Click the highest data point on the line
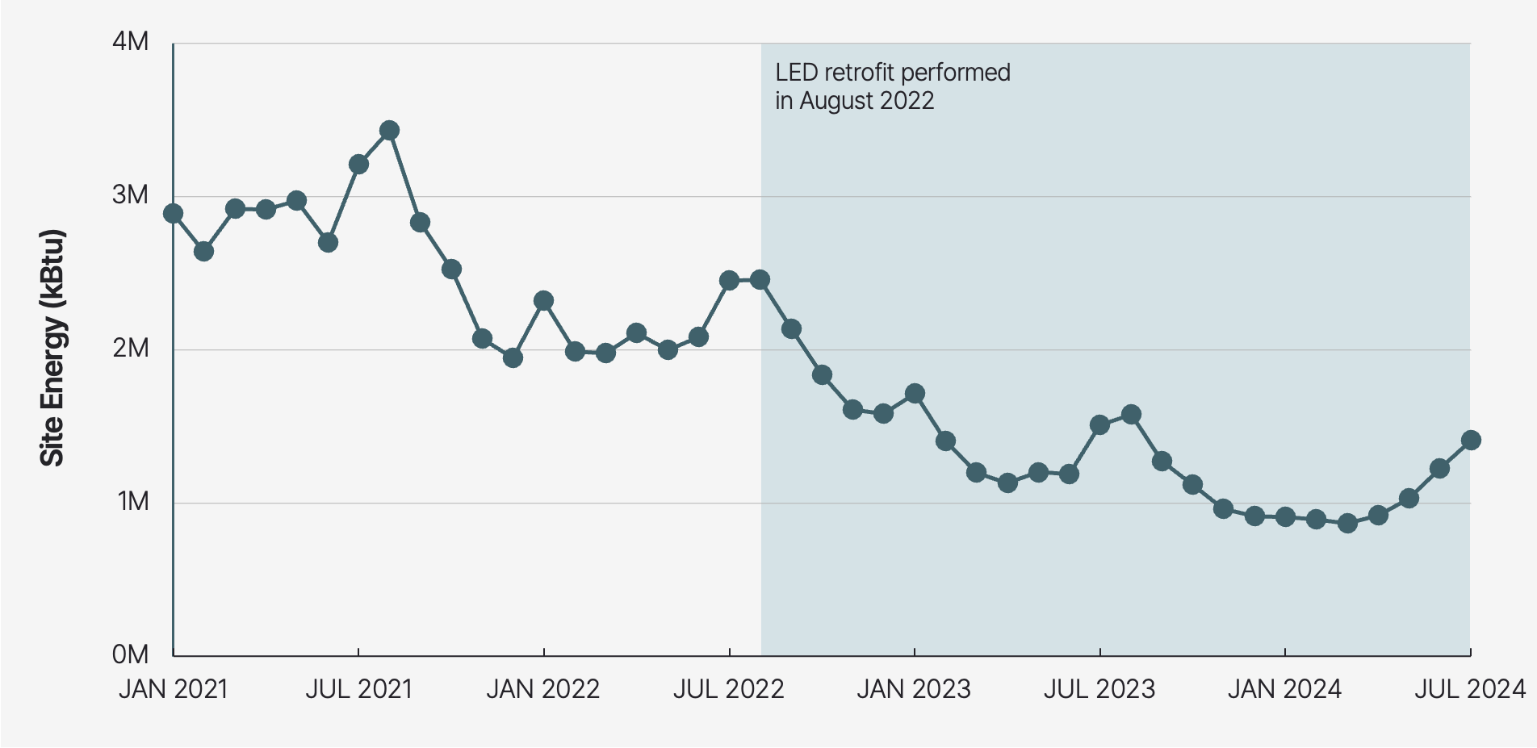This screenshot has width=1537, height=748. pos(389,131)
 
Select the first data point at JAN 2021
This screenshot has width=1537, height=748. pos(173,214)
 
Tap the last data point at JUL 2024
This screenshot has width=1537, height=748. pos(1470,441)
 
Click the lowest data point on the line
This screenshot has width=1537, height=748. pos(1346,524)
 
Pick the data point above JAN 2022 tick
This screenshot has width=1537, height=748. pos(543,301)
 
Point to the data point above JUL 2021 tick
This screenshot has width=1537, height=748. pos(358,165)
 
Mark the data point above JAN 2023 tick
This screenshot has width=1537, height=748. pos(915,394)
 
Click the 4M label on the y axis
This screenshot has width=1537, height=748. pos(131,42)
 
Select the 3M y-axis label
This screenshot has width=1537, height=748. pos(131,195)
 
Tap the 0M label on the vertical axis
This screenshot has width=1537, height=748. pos(131,654)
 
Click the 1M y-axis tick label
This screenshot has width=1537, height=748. pos(133,502)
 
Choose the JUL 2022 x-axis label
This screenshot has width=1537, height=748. pos(728,690)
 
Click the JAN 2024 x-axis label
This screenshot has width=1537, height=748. pos(1284,690)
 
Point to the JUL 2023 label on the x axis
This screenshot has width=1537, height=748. pos(1099,690)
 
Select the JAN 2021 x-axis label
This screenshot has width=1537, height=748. pos(174,690)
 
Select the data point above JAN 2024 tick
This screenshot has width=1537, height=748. pos(1285,517)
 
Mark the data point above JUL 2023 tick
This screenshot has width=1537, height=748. pos(1099,425)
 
